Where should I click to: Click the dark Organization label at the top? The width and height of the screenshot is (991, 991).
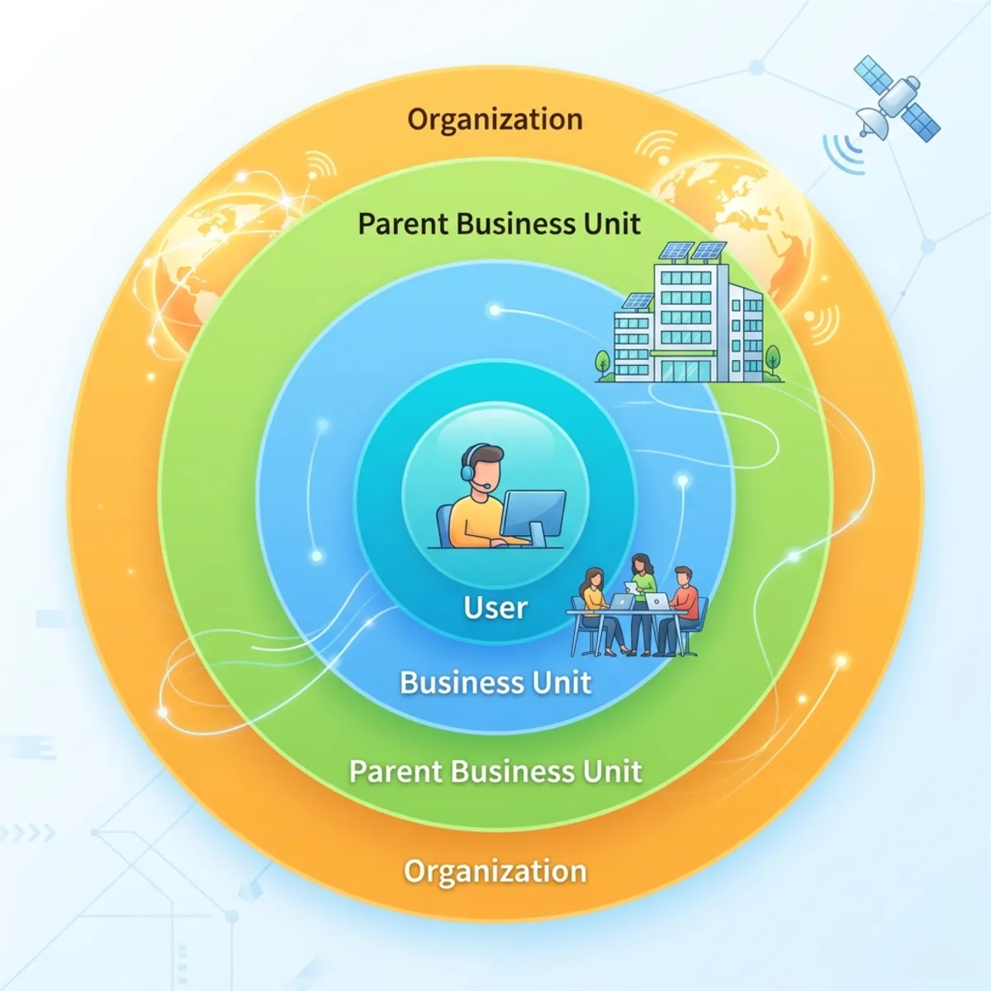(x=495, y=119)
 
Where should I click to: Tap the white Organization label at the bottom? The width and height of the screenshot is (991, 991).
(x=495, y=870)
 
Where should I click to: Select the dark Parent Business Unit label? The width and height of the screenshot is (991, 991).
(x=499, y=224)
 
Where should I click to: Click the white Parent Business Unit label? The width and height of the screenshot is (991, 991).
(x=495, y=771)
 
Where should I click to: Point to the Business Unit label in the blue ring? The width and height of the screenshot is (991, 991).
(x=495, y=682)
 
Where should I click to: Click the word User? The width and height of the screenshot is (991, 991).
(x=495, y=607)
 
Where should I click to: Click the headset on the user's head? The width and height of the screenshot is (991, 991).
(x=470, y=466)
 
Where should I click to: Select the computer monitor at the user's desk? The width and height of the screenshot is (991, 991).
(x=533, y=518)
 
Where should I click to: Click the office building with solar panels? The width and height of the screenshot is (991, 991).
(x=689, y=314)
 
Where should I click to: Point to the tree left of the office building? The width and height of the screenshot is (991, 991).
(x=602, y=365)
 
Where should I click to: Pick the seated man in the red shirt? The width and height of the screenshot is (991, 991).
(x=679, y=611)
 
